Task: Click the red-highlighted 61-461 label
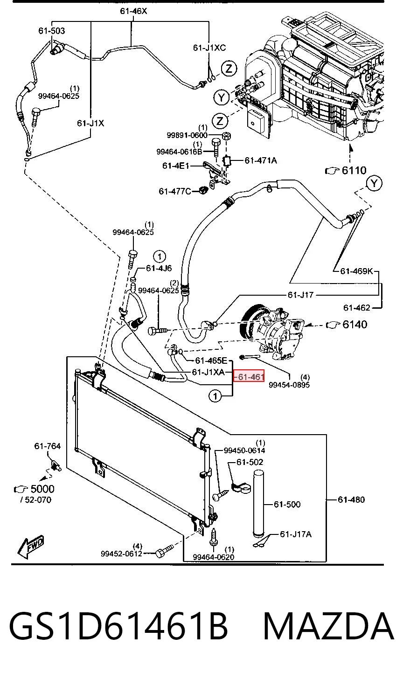tap(249, 376)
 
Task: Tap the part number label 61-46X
tap(133, 11)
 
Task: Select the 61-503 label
tap(52, 31)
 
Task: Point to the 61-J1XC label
tap(209, 48)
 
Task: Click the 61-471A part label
tap(261, 160)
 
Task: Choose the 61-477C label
tap(175, 191)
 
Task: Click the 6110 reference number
tap(354, 170)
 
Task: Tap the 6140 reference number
tap(355, 325)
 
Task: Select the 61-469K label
tap(357, 270)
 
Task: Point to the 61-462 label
tap(357, 308)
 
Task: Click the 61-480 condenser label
tap(351, 499)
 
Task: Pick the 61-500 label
tap(287, 504)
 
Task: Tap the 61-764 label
tap(48, 446)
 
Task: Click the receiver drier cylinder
tap(259, 504)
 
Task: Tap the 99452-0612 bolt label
tap(122, 554)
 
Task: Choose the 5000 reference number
tap(42, 489)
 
